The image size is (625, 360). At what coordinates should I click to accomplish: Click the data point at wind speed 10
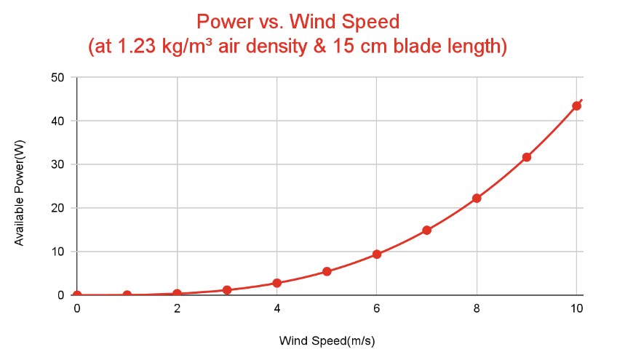pos(576,105)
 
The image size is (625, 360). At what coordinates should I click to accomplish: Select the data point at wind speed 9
pos(527,157)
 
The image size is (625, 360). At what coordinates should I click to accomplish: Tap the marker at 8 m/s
pos(477,198)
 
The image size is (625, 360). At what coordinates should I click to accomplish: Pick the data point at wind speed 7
pos(427,230)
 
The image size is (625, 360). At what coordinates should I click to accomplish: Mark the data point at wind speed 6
pos(377,254)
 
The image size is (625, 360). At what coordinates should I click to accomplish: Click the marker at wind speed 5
pos(327,271)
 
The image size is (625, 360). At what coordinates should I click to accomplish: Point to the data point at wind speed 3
pos(227,290)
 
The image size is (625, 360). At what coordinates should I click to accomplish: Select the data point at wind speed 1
pos(127,295)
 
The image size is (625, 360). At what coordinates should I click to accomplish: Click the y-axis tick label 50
pos(58,77)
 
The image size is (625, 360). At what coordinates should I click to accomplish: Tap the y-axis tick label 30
pos(58,164)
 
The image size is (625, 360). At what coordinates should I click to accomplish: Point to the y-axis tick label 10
pos(58,252)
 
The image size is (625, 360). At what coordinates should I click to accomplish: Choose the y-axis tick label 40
pos(58,121)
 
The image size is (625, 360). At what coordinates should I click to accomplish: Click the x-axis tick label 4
pos(277,308)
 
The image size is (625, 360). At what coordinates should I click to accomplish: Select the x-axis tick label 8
pos(477,308)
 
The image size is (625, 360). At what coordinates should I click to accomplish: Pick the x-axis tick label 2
pos(177,308)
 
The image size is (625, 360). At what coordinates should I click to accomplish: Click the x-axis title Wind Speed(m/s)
pos(327,340)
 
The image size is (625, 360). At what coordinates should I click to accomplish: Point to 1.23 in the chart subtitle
pos(133,47)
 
